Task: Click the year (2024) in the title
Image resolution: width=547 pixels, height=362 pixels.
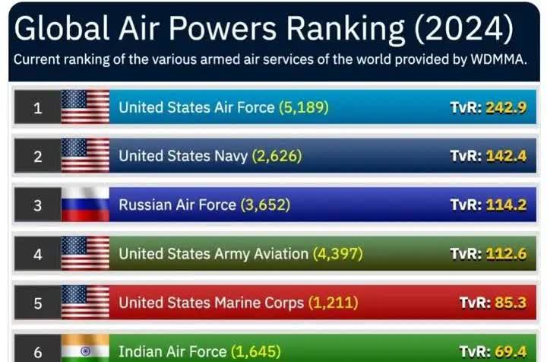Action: point(464,29)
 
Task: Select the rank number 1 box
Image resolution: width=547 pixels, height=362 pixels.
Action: point(38,107)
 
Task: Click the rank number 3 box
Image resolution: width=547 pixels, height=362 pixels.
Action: point(38,205)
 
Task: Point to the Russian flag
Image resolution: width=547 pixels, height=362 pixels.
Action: point(85,205)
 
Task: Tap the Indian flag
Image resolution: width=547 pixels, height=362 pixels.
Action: point(85,348)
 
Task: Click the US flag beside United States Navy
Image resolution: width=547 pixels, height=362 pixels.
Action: point(85,156)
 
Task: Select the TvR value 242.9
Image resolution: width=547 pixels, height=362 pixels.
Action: point(506,107)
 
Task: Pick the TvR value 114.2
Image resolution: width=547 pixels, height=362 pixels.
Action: point(506,205)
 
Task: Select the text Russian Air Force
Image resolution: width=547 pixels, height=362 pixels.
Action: point(177,205)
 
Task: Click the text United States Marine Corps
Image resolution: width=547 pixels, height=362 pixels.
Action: point(211,303)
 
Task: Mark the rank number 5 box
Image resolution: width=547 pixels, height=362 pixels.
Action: point(38,303)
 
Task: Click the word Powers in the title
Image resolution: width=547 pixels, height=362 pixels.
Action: point(223,29)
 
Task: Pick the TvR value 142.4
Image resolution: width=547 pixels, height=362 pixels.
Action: point(506,156)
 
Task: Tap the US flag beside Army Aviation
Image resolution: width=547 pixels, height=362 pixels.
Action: point(85,254)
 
